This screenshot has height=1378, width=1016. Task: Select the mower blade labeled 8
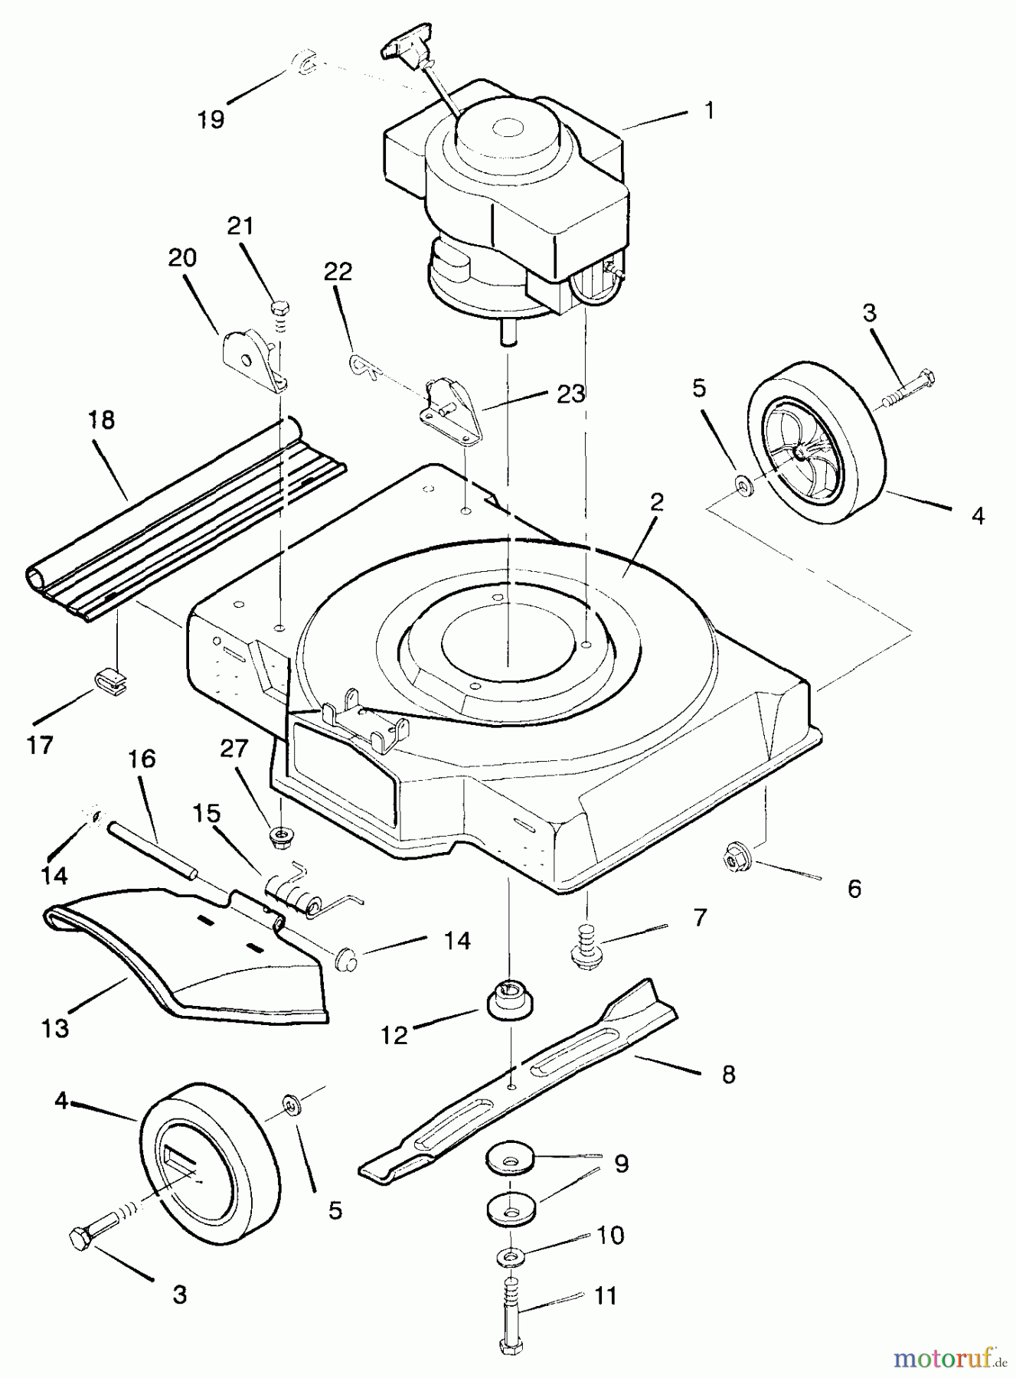pyautogui.click(x=519, y=1079)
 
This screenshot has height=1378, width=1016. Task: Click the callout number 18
pyautogui.click(x=102, y=420)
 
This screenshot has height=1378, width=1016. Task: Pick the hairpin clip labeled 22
pyautogui.click(x=364, y=367)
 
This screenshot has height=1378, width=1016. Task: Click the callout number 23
pyautogui.click(x=570, y=393)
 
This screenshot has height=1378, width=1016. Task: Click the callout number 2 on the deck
pyautogui.click(x=655, y=502)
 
